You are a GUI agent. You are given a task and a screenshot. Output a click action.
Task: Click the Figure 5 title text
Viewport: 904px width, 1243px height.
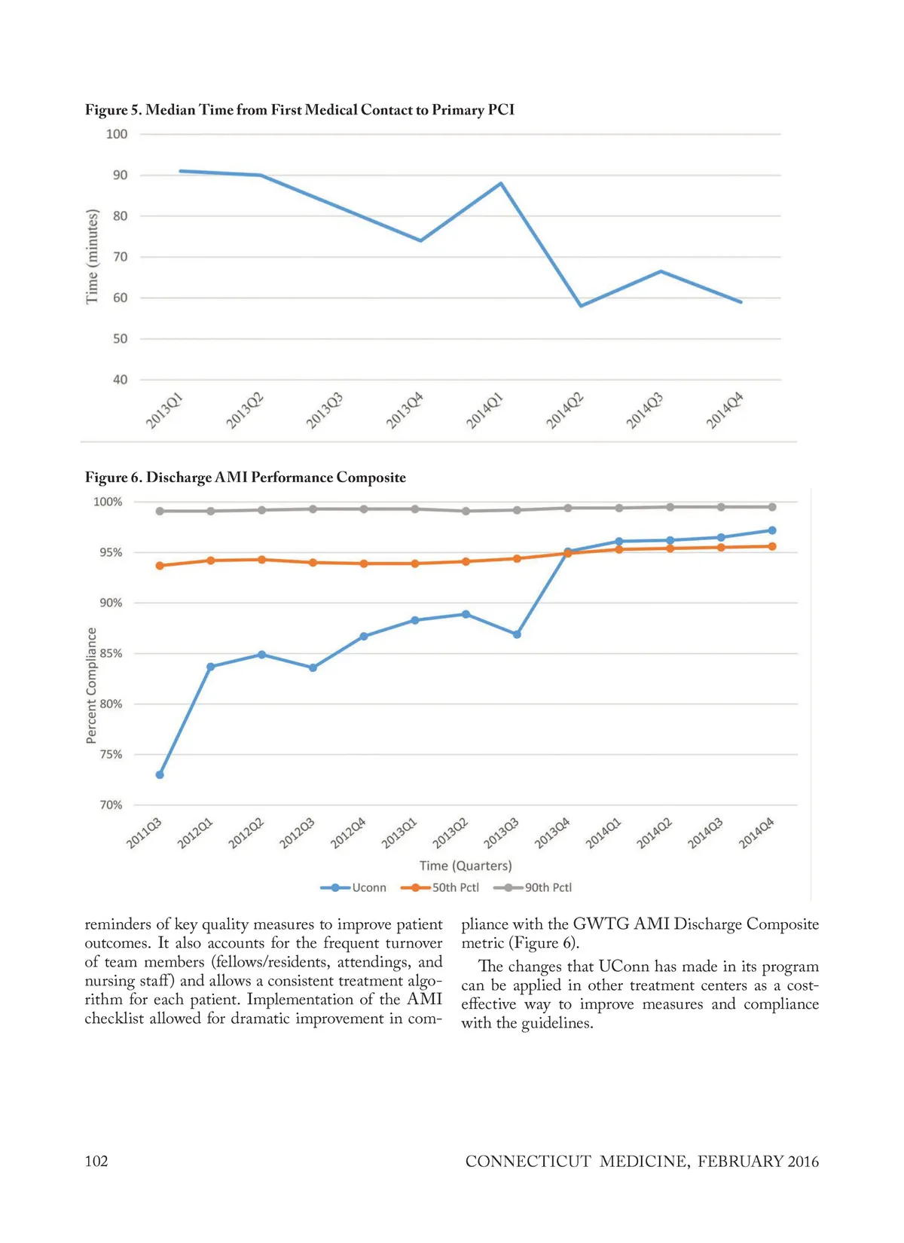pos(299,110)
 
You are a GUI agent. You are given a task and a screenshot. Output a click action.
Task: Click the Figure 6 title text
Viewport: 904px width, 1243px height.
pos(245,478)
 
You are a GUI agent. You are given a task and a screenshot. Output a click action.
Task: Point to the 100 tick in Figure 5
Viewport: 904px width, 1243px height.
pos(117,134)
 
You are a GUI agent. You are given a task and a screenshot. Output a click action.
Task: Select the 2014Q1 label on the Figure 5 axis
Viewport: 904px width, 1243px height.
pos(484,411)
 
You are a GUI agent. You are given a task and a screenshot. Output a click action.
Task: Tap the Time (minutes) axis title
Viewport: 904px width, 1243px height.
pos(92,257)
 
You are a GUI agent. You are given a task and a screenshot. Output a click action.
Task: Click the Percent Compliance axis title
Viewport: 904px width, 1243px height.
pos(92,686)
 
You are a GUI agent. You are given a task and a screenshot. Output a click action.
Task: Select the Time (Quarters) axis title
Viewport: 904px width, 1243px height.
pos(466,866)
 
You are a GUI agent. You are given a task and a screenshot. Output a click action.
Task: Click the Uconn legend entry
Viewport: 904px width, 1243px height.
pos(353,887)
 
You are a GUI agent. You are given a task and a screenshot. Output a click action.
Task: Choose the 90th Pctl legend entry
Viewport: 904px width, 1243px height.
pos(533,887)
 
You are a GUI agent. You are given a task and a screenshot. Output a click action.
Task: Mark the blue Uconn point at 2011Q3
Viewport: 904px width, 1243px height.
pos(160,774)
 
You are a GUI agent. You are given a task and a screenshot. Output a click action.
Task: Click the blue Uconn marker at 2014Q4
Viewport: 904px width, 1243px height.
pos(772,530)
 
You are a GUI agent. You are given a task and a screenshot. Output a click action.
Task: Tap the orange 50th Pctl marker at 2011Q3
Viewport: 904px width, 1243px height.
pos(160,565)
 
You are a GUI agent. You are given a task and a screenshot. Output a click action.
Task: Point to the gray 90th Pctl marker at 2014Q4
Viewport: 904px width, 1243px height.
pos(772,507)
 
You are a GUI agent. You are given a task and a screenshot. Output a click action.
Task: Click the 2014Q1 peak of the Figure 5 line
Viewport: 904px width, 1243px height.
pos(501,183)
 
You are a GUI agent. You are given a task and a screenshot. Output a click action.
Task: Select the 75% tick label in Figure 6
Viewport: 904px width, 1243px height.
pos(111,754)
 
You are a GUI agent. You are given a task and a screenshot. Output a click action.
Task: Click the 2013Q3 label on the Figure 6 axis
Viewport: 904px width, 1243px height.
pos(501,833)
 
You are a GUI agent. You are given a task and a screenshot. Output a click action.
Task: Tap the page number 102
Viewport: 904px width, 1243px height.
pos(96,1161)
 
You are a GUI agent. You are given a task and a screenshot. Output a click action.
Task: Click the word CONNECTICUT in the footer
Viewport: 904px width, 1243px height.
pos(528,1162)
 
